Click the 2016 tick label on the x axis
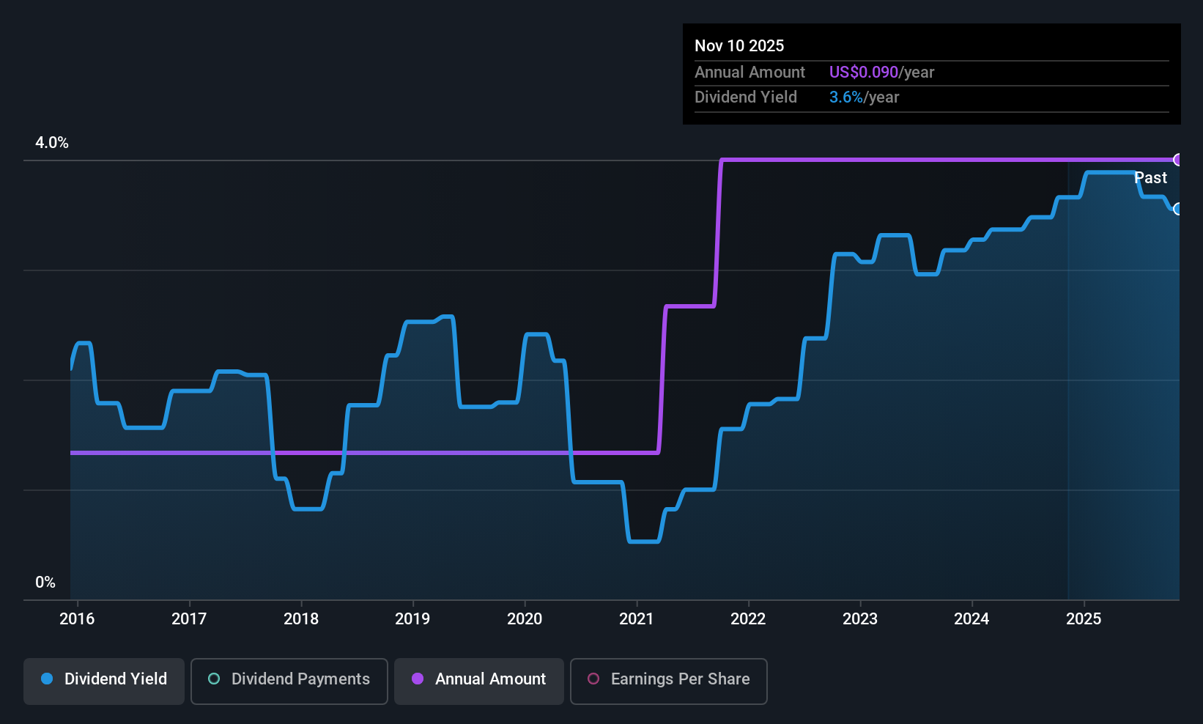77,619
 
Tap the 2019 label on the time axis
412,619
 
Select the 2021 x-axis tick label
636,619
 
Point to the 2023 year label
860,619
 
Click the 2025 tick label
1084,619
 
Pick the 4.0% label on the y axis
52,143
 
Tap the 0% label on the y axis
45,583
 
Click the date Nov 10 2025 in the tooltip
739,46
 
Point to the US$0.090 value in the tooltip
863,73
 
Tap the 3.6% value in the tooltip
845,97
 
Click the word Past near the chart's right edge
1150,178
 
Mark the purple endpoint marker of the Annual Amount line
1178,160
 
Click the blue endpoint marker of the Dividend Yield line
1178,209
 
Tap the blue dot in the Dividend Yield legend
47,679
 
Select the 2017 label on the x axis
189,619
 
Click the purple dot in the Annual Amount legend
418,679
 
